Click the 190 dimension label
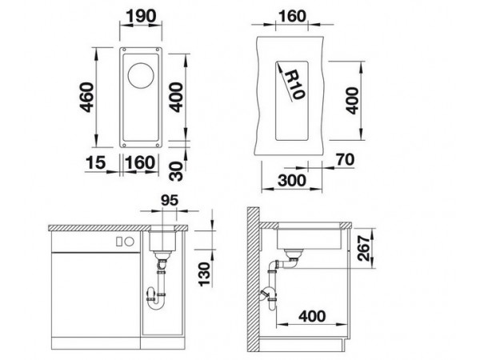[x=142, y=16]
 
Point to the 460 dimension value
[x=86, y=97]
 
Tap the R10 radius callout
[x=294, y=85]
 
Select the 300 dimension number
[x=292, y=180]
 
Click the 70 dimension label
[x=345, y=159]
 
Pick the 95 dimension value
[x=170, y=201]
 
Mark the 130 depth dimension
[x=205, y=274]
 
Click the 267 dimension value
[x=364, y=248]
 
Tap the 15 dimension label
[x=95, y=162]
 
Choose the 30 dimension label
[x=176, y=171]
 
